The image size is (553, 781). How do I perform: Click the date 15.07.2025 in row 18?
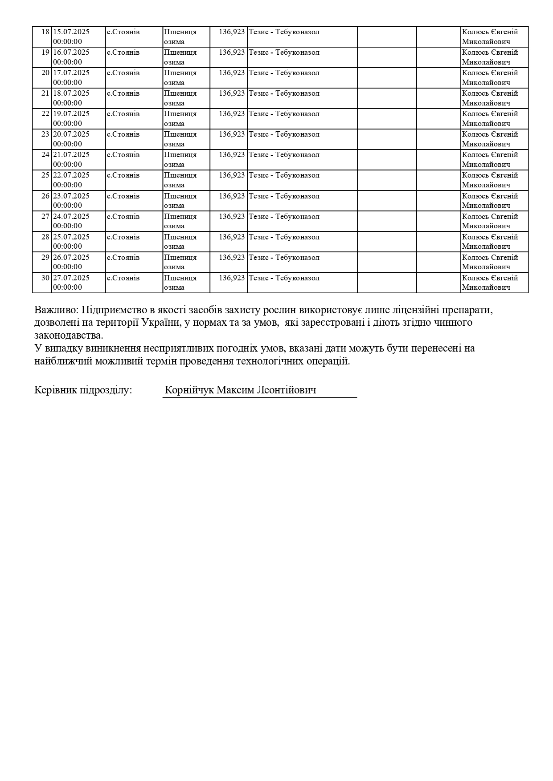pyautogui.click(x=71, y=32)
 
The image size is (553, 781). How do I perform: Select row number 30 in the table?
pyautogui.click(x=45, y=278)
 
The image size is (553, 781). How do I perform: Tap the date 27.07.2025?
pyautogui.click(x=71, y=278)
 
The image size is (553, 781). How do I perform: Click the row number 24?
pyautogui.click(x=45, y=155)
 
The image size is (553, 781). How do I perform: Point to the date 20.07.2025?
pyautogui.click(x=71, y=134)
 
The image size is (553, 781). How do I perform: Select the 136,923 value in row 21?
pyautogui.click(x=232, y=93)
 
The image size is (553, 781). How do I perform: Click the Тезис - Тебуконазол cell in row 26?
pyautogui.click(x=284, y=196)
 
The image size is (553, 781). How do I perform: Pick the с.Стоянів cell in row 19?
pyautogui.click(x=123, y=53)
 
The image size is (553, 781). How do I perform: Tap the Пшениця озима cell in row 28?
pyautogui.click(x=180, y=242)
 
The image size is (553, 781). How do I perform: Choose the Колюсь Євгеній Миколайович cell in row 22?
pyautogui.click(x=490, y=118)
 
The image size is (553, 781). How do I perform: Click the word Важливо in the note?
pyautogui.click(x=56, y=310)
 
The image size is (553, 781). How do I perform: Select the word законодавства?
pyautogui.click(x=69, y=335)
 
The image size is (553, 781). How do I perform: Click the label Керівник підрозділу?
pyautogui.click(x=83, y=390)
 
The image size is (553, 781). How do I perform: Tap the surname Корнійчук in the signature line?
pyautogui.click(x=189, y=390)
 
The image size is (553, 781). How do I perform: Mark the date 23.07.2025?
pyautogui.click(x=71, y=196)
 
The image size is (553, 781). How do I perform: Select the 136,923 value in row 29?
pyautogui.click(x=232, y=257)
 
